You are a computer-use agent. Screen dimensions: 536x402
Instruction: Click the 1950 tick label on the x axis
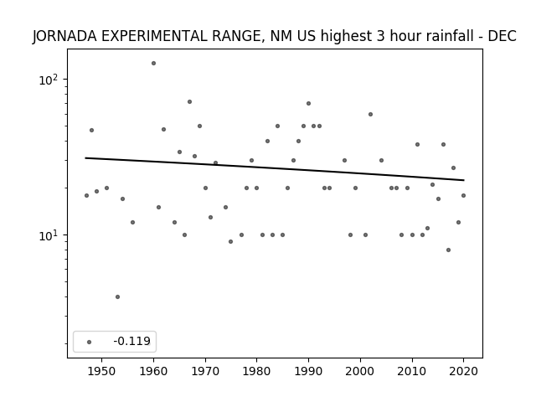pos(101,371)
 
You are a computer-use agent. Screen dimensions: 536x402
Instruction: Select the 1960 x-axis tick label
pos(153,371)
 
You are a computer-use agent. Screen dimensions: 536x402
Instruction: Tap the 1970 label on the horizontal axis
pos(205,371)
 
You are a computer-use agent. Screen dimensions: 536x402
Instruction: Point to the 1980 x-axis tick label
pos(257,371)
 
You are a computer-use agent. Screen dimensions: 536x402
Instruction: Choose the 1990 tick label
pos(308,371)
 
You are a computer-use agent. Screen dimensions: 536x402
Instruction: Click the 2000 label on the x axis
pos(360,371)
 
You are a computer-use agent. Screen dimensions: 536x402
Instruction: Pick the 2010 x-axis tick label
pos(412,371)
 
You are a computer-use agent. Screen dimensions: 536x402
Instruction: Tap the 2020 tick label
pos(463,371)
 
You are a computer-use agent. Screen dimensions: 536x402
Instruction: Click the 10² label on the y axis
pos(49,80)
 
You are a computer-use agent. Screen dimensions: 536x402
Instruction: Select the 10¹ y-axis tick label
pos(49,235)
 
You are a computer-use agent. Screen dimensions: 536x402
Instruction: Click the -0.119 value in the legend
pos(132,341)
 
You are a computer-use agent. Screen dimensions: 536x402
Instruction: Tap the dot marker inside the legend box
pos(89,342)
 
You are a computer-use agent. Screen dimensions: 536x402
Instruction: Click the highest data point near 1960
pos(153,64)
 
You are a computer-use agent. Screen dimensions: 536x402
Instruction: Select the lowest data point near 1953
pos(117,296)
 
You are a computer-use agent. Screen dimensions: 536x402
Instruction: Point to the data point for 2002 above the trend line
pos(370,114)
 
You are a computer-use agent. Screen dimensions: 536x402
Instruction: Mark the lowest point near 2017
pos(449,250)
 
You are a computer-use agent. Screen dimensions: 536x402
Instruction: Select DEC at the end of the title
pos(502,36)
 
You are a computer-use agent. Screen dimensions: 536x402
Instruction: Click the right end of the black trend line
pos(464,180)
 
